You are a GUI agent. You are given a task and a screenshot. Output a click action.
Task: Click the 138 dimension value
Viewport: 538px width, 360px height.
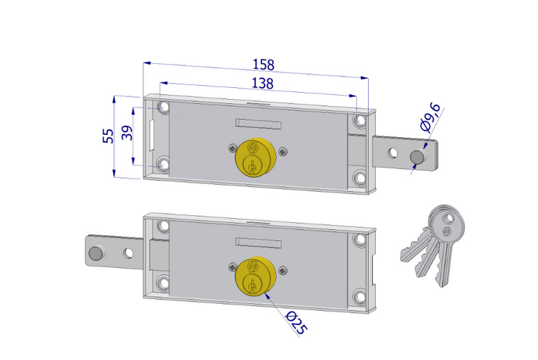(x=262, y=83)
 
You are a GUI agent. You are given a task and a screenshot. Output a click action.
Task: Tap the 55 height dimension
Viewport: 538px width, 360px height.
(x=109, y=135)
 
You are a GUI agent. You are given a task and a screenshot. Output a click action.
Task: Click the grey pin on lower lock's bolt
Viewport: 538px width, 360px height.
(x=95, y=253)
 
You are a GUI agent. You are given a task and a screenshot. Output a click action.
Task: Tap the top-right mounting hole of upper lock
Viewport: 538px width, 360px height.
(x=358, y=122)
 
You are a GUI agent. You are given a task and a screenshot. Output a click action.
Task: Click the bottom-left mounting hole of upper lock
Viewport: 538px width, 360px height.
(x=162, y=164)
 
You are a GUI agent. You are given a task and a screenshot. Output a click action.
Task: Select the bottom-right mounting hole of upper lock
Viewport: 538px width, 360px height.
(x=358, y=178)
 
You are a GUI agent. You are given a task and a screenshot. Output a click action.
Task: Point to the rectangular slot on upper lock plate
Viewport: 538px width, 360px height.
(x=257, y=123)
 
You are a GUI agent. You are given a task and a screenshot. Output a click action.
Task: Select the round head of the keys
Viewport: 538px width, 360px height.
(x=448, y=224)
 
